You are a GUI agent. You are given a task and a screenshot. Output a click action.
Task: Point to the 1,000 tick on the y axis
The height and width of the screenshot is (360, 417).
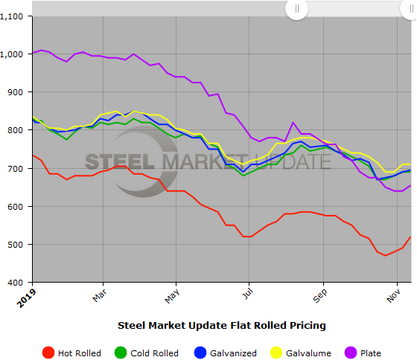click(16, 54)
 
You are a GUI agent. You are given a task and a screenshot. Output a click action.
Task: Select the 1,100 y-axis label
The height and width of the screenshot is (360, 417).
click(16, 16)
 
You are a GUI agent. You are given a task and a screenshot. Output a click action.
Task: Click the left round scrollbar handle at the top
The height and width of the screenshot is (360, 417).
click(296, 9)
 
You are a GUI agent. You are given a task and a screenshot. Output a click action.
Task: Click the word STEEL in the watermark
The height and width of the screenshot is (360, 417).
click(118, 162)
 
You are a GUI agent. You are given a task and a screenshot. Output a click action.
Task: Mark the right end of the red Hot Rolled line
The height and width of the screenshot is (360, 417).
click(411, 237)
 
